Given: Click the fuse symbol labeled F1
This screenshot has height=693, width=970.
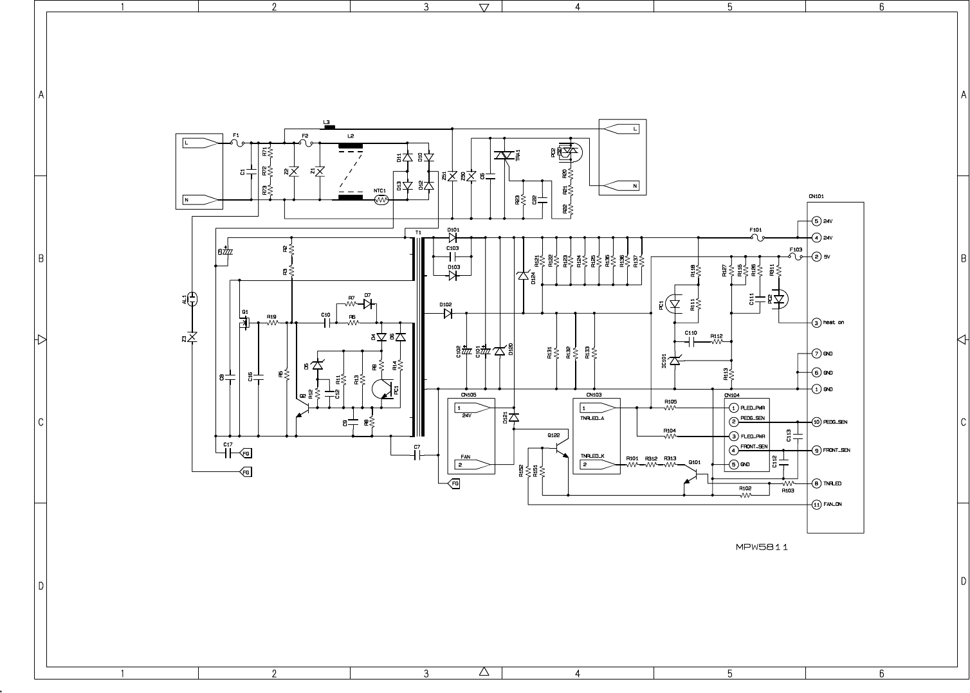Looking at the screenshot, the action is [x=236, y=143].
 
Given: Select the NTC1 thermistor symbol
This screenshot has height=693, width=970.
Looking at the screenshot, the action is [x=381, y=200].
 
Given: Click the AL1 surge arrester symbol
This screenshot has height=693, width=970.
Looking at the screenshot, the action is [x=192, y=298].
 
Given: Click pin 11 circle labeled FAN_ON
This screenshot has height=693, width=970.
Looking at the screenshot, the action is [x=816, y=505].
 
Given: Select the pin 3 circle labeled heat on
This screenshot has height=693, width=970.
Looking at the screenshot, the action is [x=816, y=323].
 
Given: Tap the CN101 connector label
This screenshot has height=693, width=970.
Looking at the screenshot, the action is [x=816, y=197].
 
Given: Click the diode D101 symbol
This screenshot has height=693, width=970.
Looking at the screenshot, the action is [x=453, y=237].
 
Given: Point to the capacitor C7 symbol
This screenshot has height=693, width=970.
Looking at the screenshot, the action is [x=417, y=455].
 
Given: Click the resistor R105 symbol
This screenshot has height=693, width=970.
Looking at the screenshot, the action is [x=670, y=408].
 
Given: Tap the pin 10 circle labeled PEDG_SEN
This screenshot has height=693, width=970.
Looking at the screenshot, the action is [x=816, y=422].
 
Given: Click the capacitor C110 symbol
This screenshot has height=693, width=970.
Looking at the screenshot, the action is [x=691, y=341].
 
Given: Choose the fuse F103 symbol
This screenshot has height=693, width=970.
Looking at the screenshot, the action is [x=796, y=256].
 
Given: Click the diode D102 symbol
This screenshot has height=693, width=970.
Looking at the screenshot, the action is [x=448, y=313].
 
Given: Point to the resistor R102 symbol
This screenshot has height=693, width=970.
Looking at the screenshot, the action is [x=745, y=495].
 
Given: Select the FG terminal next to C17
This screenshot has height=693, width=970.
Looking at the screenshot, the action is [x=246, y=453].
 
